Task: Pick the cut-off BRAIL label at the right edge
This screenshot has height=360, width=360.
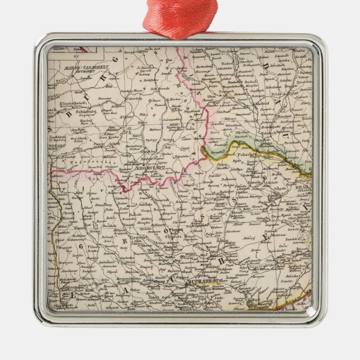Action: click(x=302, y=189)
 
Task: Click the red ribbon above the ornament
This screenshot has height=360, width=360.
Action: click(x=179, y=17)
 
